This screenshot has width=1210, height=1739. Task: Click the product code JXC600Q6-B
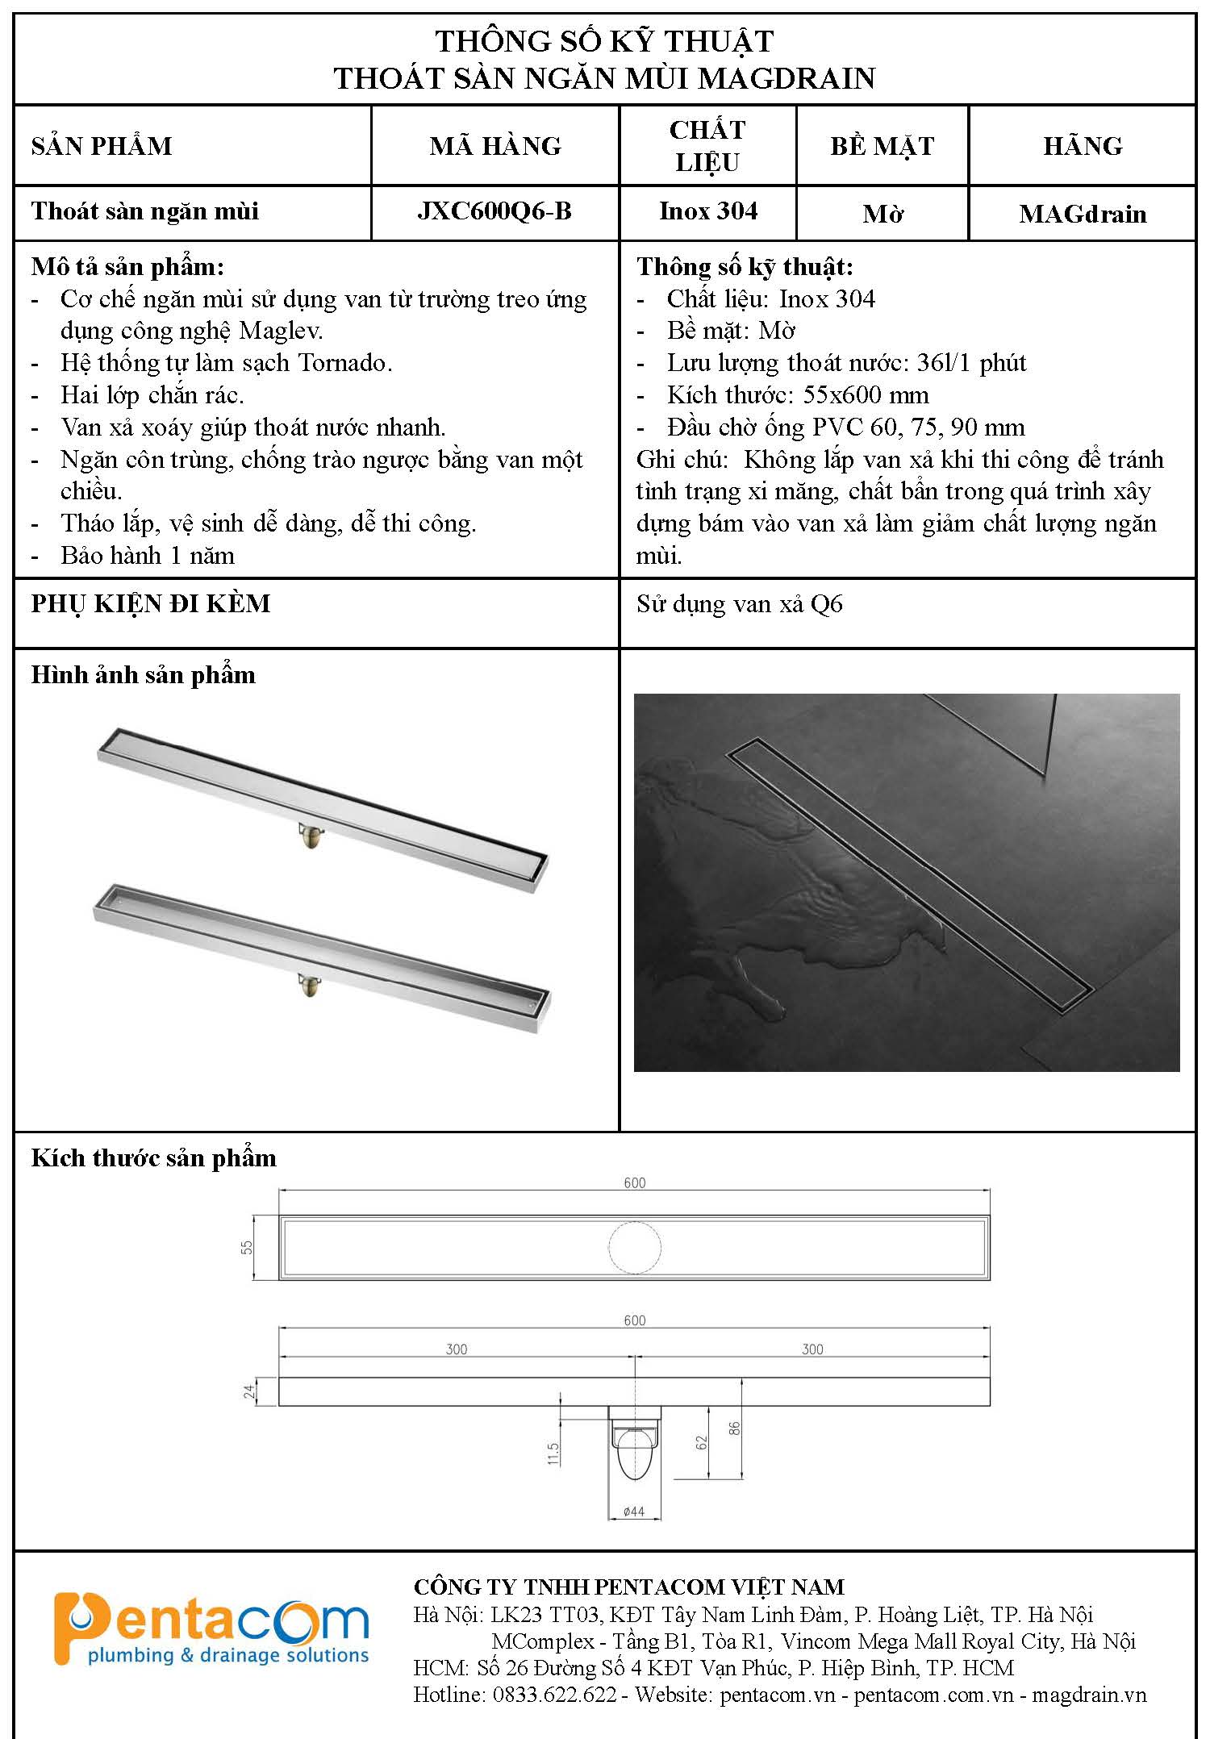click(494, 211)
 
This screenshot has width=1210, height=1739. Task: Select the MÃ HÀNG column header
click(495, 146)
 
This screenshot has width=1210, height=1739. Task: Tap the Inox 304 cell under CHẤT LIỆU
click(708, 211)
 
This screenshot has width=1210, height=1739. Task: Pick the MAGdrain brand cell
click(1083, 214)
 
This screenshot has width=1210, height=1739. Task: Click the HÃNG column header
click(1083, 146)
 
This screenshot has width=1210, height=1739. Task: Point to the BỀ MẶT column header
click(882, 146)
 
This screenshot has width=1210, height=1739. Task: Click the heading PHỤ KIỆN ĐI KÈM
click(151, 603)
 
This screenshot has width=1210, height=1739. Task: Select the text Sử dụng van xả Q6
click(739, 604)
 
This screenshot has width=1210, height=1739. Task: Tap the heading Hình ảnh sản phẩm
click(143, 675)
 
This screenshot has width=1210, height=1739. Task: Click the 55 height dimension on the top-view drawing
click(248, 1247)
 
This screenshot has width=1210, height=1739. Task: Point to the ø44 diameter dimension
click(634, 1512)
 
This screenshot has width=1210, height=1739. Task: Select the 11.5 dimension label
click(553, 1453)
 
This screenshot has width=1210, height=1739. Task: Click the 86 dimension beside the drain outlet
click(734, 1428)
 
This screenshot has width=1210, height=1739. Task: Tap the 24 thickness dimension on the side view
click(250, 1391)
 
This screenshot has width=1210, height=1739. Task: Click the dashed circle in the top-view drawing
click(635, 1247)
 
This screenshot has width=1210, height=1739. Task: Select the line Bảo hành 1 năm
click(148, 556)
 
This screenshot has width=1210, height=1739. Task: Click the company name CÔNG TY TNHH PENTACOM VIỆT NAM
click(628, 1587)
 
